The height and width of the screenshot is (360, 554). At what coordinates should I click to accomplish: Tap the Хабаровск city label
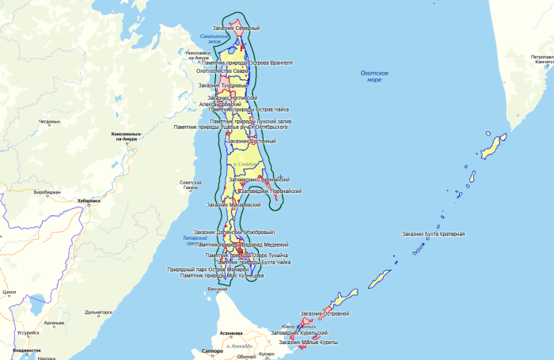click(89, 201)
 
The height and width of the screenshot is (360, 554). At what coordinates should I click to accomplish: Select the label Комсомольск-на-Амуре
click(127, 136)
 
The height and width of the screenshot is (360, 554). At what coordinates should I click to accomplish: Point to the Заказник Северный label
click(236, 28)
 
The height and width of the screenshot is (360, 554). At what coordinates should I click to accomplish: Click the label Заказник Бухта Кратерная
click(433, 233)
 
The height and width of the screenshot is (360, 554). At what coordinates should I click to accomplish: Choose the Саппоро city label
click(213, 349)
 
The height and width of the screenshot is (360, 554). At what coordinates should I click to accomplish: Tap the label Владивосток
click(27, 349)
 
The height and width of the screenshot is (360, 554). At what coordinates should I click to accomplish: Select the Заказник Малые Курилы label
click(308, 342)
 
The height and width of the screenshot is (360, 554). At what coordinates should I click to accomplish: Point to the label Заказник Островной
click(324, 313)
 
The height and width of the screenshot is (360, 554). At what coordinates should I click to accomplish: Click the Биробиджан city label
click(47, 191)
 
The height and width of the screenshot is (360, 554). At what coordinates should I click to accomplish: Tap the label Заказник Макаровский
click(233, 204)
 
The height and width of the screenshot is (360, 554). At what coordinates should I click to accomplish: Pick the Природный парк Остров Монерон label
click(207, 269)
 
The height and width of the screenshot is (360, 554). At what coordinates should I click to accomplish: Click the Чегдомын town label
click(49, 122)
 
